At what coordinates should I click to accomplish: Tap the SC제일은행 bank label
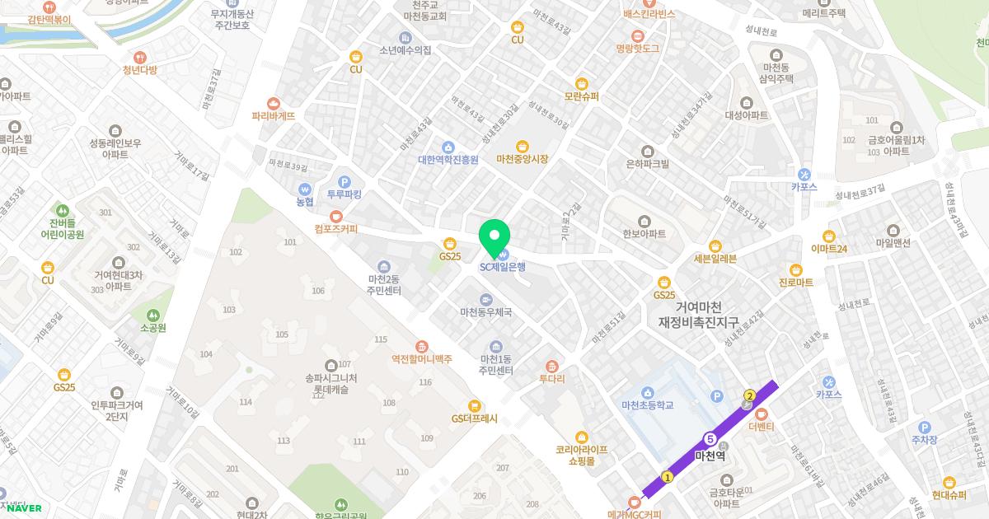(503, 266)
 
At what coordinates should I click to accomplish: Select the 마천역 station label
(710, 456)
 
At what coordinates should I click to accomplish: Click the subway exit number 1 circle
(668, 476)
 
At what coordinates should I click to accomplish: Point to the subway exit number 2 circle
(749, 396)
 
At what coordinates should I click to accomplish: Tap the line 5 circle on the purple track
(710, 437)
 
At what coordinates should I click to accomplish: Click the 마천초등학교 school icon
(648, 392)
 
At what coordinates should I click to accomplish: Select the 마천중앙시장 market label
(522, 159)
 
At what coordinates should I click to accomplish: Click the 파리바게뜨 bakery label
(274, 116)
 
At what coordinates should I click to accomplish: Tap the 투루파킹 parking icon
(345, 182)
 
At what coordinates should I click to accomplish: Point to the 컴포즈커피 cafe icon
(336, 216)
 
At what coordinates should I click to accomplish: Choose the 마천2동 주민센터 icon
(384, 266)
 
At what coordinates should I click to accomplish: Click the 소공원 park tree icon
(152, 315)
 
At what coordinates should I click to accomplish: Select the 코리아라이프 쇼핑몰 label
(582, 456)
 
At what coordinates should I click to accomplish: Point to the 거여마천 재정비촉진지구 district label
(699, 313)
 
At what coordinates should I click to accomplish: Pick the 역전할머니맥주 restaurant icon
(422, 346)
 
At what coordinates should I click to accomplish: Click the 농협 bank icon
(305, 188)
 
